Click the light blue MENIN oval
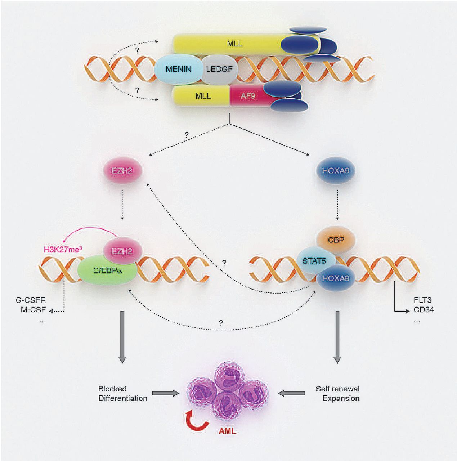tap(178, 69)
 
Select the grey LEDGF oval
tap(220, 69)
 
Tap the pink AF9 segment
tap(248, 96)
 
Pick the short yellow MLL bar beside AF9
tap(202, 96)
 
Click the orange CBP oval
tap(336, 239)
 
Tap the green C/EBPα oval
tap(107, 270)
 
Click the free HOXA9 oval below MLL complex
tap(336, 170)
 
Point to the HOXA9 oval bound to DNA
tap(336, 278)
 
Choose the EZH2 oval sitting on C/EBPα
tap(122, 251)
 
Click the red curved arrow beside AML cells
tap(196, 422)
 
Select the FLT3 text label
tap(422, 300)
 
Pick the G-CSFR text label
tap(31, 300)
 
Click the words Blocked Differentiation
tap(122, 394)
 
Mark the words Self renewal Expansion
tap(338, 394)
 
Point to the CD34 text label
tap(424, 309)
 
